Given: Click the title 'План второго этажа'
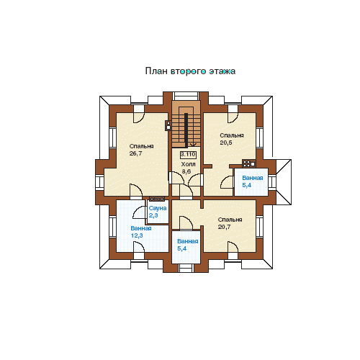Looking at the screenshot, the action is (x=190, y=71).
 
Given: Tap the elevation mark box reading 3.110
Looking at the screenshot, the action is (x=188, y=155).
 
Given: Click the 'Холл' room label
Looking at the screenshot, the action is (x=188, y=164).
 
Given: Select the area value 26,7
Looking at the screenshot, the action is (x=136, y=153).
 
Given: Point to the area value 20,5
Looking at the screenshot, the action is (x=226, y=143).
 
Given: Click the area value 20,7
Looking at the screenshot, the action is (x=224, y=227).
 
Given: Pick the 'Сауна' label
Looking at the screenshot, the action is (x=158, y=208).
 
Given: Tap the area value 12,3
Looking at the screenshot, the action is (x=137, y=235).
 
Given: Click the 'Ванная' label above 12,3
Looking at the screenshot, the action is (x=141, y=228).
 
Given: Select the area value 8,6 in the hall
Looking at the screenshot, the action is (x=186, y=171).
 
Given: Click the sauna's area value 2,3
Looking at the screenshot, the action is (x=153, y=215).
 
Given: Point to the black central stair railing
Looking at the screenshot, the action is (x=186, y=130).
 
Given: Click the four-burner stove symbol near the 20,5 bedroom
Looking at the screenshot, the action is (x=248, y=163).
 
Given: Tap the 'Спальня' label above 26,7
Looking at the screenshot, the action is (x=141, y=146).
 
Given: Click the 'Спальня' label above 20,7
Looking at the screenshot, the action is (x=230, y=220).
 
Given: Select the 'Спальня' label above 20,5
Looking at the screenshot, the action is (x=232, y=135).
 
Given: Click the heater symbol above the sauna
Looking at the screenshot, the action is (x=157, y=199).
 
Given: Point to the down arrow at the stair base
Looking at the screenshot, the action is (x=193, y=145).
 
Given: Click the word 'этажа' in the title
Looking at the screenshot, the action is (x=222, y=71).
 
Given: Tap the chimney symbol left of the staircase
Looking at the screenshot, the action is (x=168, y=125).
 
